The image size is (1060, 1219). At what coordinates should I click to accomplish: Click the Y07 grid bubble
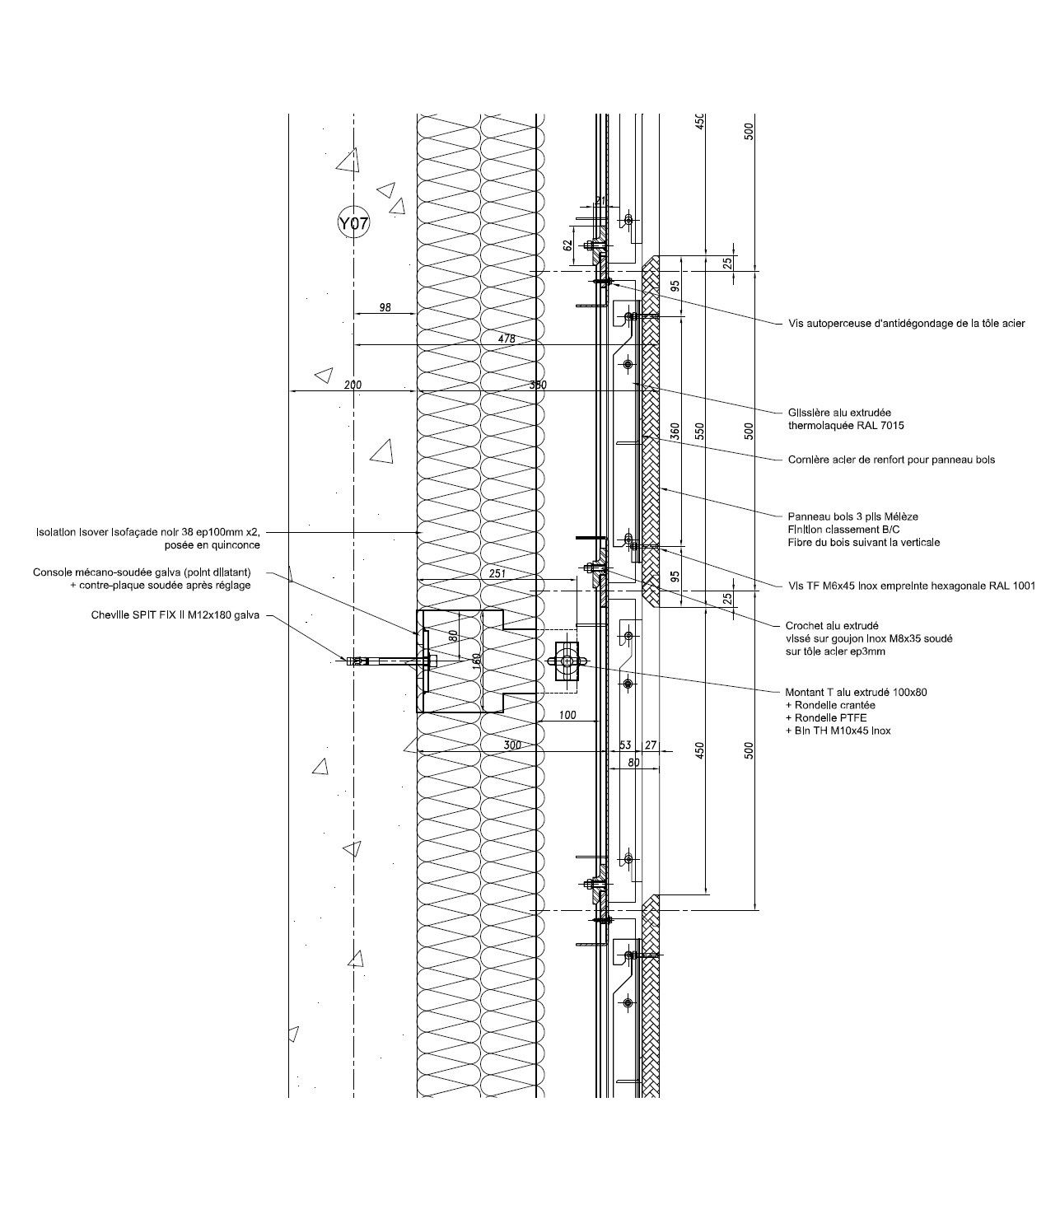point(353,222)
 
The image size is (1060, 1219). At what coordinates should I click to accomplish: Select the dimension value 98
point(385,308)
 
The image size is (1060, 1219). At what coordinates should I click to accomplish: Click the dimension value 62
point(567,244)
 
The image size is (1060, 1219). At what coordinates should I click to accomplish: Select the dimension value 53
point(625,745)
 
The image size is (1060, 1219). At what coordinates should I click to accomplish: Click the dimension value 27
point(651,745)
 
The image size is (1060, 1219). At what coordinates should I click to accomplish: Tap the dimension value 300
point(512,745)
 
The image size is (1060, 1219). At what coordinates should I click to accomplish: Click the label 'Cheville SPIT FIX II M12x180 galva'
point(176,614)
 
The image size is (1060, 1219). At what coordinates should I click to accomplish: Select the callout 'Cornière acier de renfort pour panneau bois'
point(891,460)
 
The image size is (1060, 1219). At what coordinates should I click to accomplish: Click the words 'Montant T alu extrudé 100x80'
point(857,693)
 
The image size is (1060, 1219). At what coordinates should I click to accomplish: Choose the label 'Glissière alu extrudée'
point(839,413)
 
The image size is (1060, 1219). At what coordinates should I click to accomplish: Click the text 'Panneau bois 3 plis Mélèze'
point(852,516)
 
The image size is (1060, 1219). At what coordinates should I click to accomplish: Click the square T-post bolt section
point(567,661)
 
